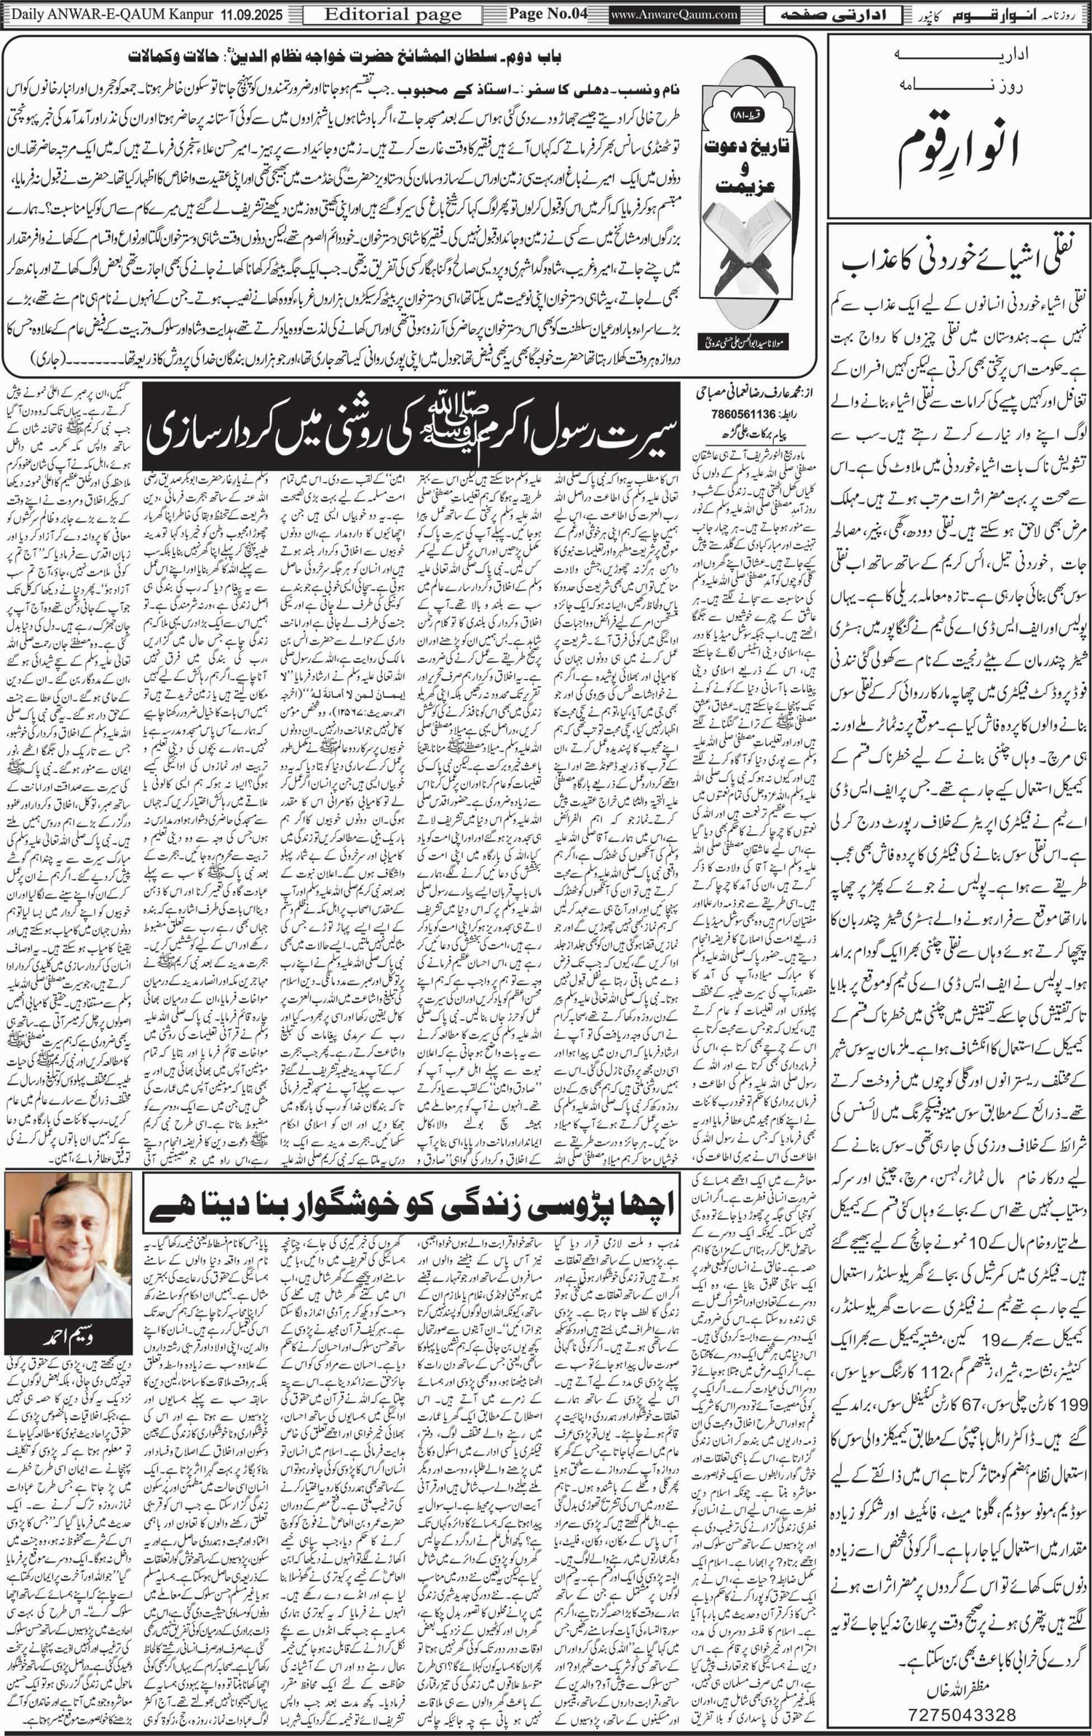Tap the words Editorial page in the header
point(393,15)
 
